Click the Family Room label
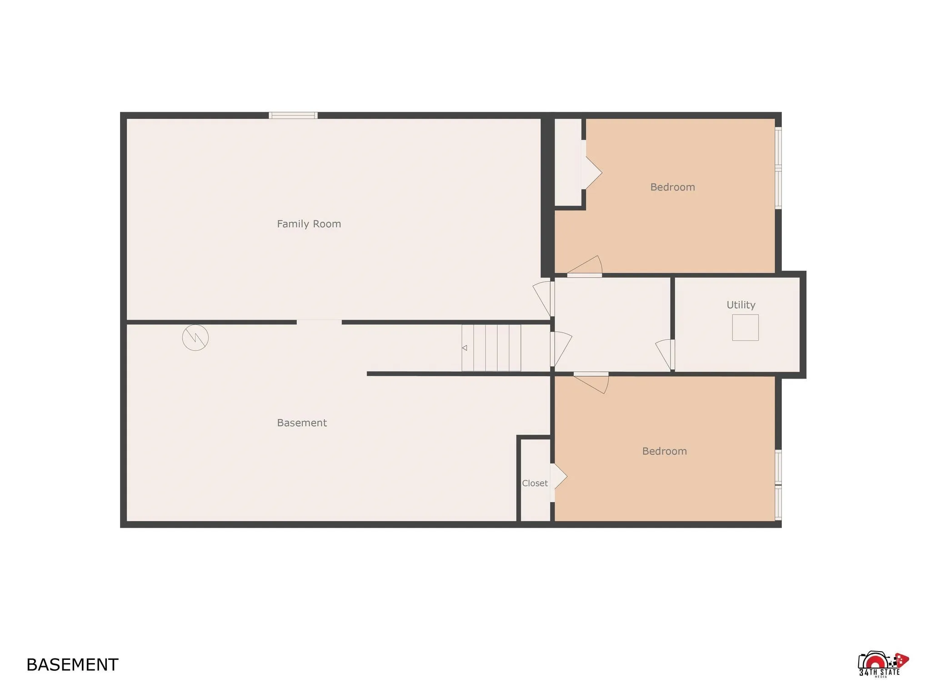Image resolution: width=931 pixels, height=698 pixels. (309, 224)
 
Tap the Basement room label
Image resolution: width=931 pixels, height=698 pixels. (302, 423)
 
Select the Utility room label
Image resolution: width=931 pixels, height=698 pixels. (741, 305)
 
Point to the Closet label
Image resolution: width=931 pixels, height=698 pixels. (535, 483)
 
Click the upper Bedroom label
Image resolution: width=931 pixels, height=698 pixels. (672, 187)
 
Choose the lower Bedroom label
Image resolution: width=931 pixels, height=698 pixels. (664, 451)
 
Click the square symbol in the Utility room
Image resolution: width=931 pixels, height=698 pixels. (745, 327)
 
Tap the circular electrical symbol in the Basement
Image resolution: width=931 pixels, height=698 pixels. (195, 338)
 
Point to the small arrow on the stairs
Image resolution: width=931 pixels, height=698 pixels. (465, 348)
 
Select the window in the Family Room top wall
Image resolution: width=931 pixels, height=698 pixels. (293, 115)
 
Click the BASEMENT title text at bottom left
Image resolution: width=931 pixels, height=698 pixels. (72, 665)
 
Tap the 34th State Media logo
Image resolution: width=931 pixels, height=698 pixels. (881, 664)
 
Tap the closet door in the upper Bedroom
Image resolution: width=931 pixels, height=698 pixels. (592, 173)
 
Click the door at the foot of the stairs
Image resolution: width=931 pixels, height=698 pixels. (561, 349)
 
